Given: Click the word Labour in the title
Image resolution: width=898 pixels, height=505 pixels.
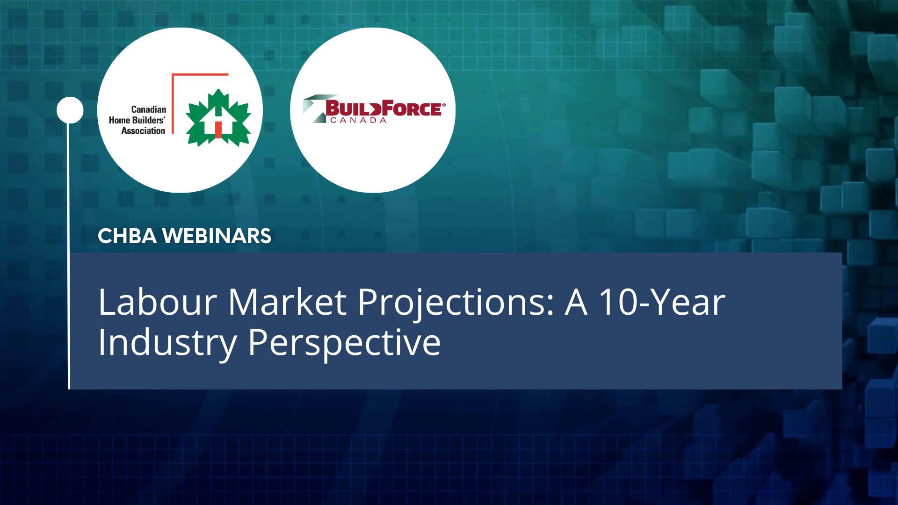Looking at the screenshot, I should click(158, 303).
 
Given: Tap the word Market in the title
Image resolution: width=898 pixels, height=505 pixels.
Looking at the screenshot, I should click(287, 303).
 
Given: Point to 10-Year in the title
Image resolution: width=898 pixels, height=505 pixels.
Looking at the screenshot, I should click(662, 303).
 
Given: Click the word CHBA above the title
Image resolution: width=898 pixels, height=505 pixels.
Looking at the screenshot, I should click(127, 236).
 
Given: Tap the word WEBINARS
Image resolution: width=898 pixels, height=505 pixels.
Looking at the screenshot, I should click(217, 236).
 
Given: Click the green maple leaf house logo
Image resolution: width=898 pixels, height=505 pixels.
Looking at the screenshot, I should click(218, 118).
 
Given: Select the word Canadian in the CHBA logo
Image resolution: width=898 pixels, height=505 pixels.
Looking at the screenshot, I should click(148, 109).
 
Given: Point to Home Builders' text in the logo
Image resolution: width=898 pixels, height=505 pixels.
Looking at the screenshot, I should click(137, 120).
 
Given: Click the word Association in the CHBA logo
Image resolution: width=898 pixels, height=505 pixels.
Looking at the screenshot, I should click(143, 131).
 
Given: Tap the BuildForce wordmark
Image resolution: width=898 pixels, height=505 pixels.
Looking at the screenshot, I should click(383, 108).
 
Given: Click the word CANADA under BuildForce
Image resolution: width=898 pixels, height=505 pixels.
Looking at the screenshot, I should click(358, 121).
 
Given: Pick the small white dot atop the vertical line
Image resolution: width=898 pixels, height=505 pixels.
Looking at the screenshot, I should click(70, 110).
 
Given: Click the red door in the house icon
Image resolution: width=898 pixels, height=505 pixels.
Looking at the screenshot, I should click(218, 130).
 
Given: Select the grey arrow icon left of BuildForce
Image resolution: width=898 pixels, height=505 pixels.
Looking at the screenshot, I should click(314, 108).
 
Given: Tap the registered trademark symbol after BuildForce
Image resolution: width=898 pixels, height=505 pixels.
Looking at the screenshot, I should click(444, 105).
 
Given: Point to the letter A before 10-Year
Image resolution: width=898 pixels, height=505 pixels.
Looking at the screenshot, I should click(576, 303).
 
